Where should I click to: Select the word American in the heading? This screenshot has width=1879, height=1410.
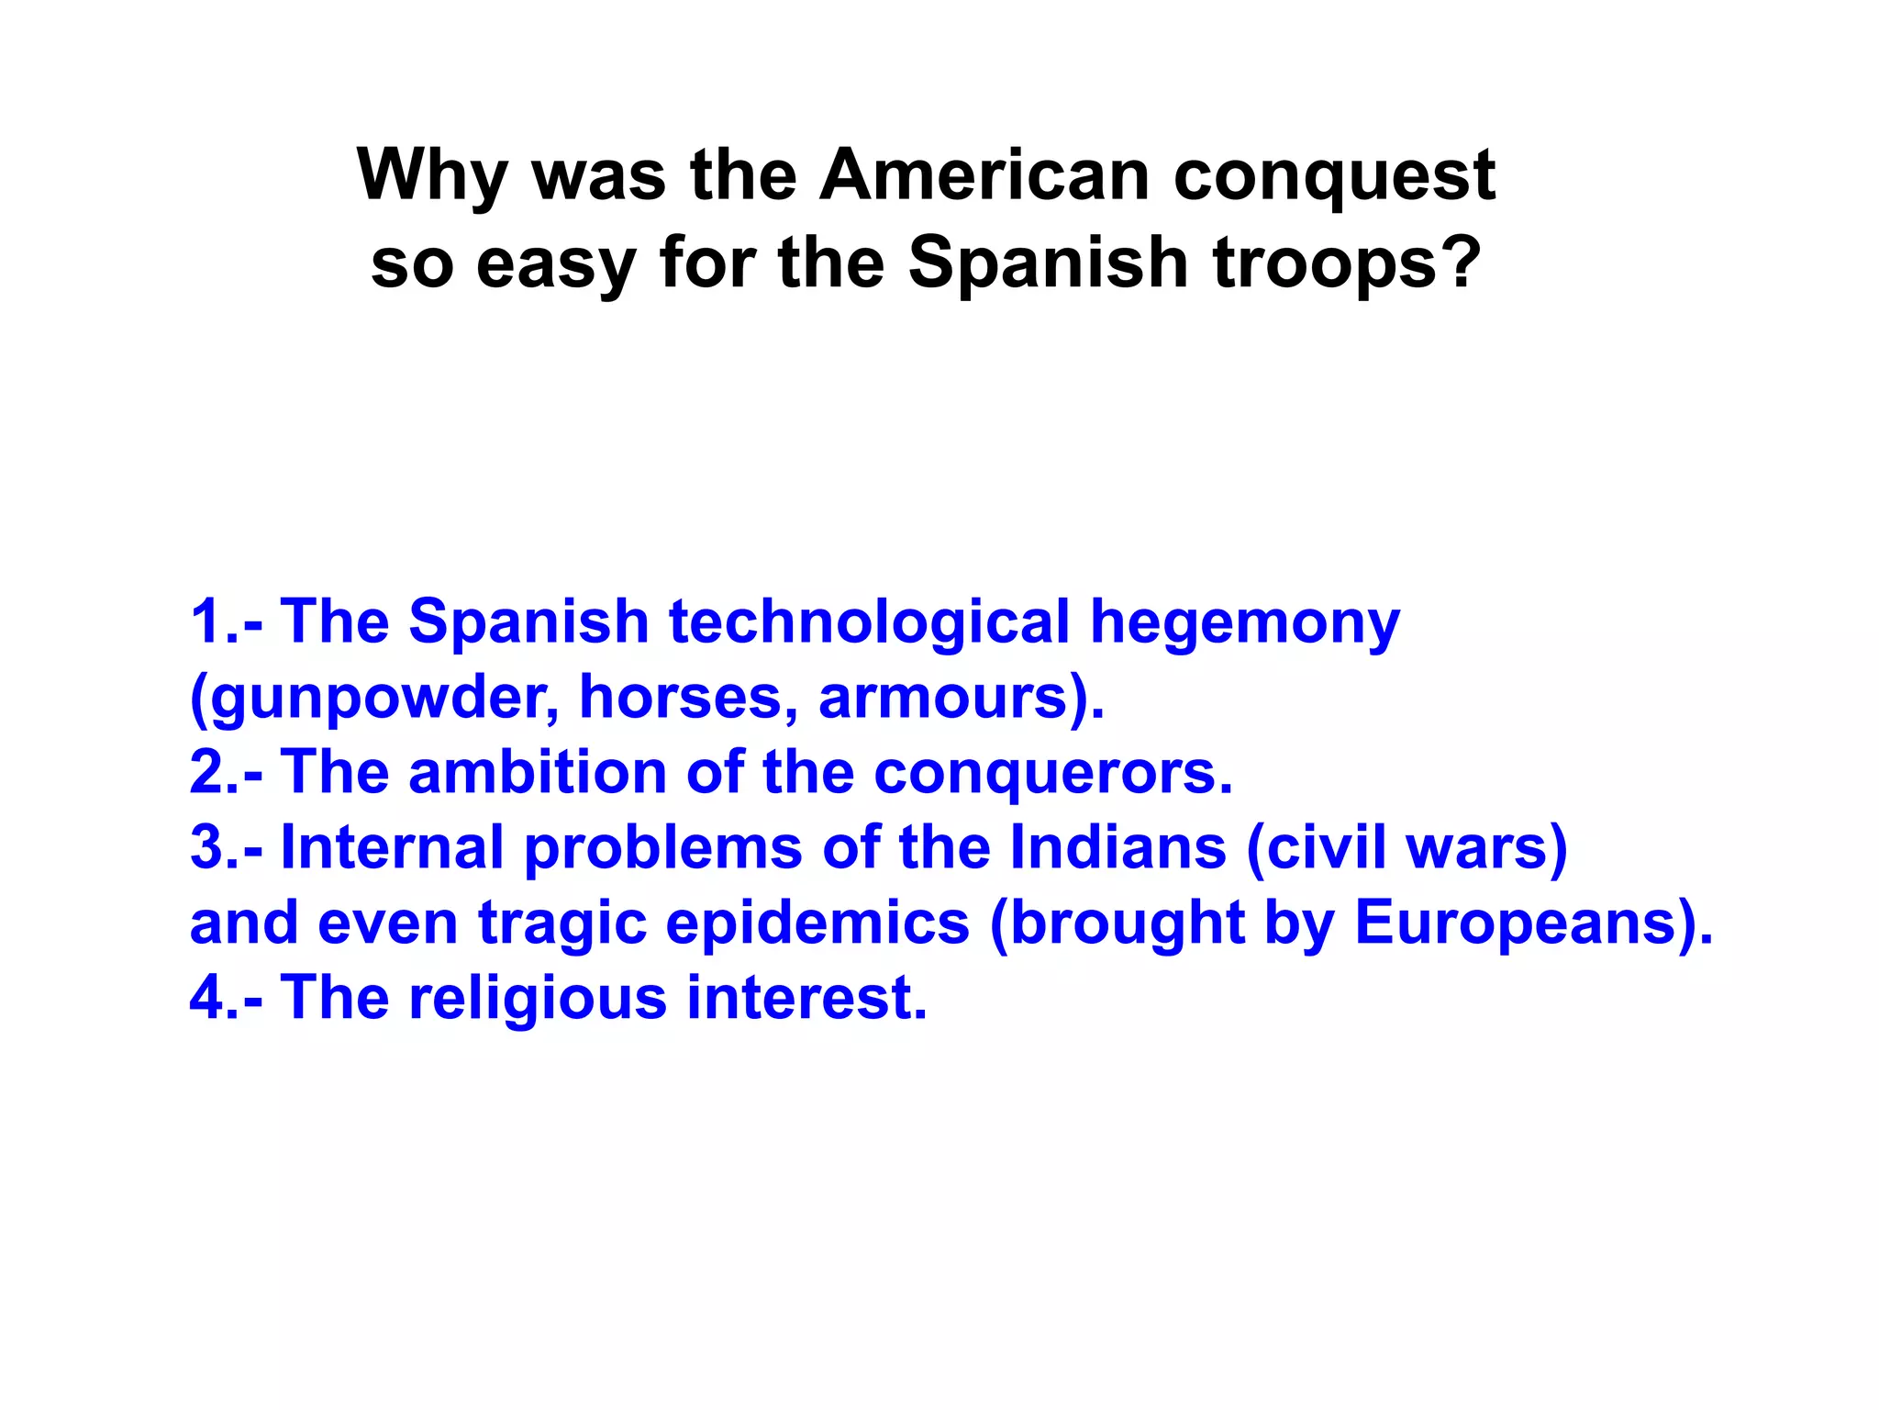coord(984,175)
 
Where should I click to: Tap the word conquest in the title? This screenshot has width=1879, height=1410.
coord(1334,177)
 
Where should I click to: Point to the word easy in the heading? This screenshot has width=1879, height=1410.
coord(556,263)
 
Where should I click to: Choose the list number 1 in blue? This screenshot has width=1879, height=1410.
coord(206,621)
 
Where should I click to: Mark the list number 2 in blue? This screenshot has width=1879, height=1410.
coord(208,772)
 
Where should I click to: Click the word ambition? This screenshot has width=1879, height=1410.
coord(537,772)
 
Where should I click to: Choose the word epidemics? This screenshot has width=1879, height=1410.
coord(817,923)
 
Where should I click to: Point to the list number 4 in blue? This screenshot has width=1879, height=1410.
coord(208,998)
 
